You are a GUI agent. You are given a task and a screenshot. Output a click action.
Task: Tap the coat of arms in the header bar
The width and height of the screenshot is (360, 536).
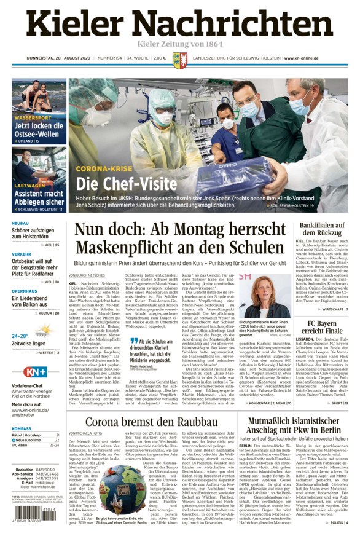coord(179,60)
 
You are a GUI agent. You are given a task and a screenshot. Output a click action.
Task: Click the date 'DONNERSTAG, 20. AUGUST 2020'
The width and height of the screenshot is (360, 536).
coord(58,59)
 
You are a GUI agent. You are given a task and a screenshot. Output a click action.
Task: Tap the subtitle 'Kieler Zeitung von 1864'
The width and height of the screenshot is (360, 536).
coord(179,44)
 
